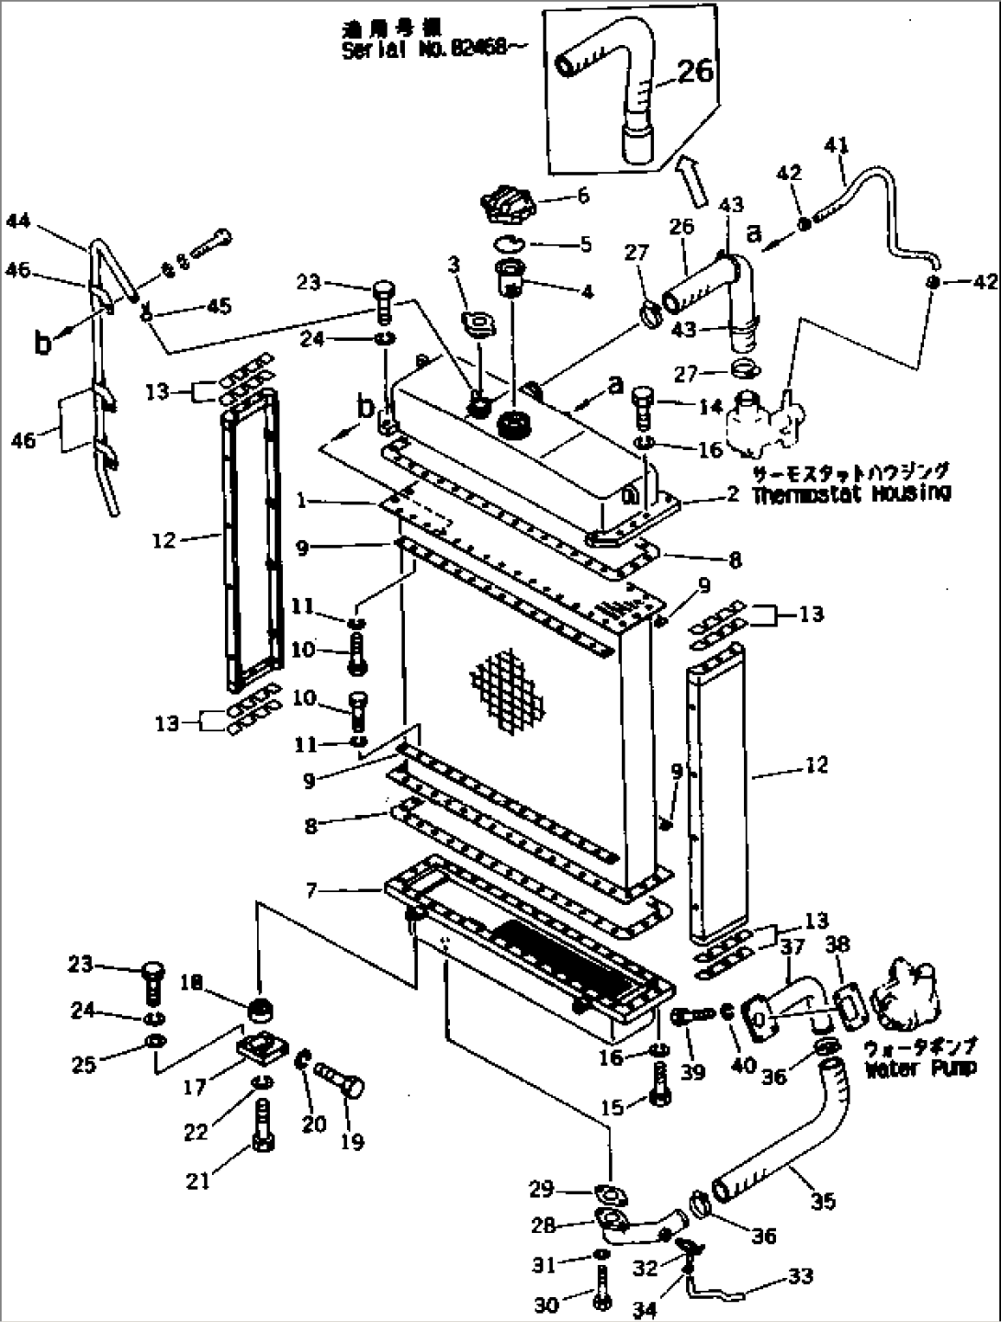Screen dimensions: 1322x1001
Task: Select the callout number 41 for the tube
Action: click(x=837, y=145)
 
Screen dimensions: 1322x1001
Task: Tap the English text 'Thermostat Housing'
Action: click(x=851, y=493)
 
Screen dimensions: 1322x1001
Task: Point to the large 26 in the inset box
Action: click(x=694, y=70)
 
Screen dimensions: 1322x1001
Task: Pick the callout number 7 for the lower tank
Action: click(x=312, y=889)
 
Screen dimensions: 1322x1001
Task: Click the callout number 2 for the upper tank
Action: click(x=732, y=494)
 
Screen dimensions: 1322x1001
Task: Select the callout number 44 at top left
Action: click(x=18, y=220)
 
